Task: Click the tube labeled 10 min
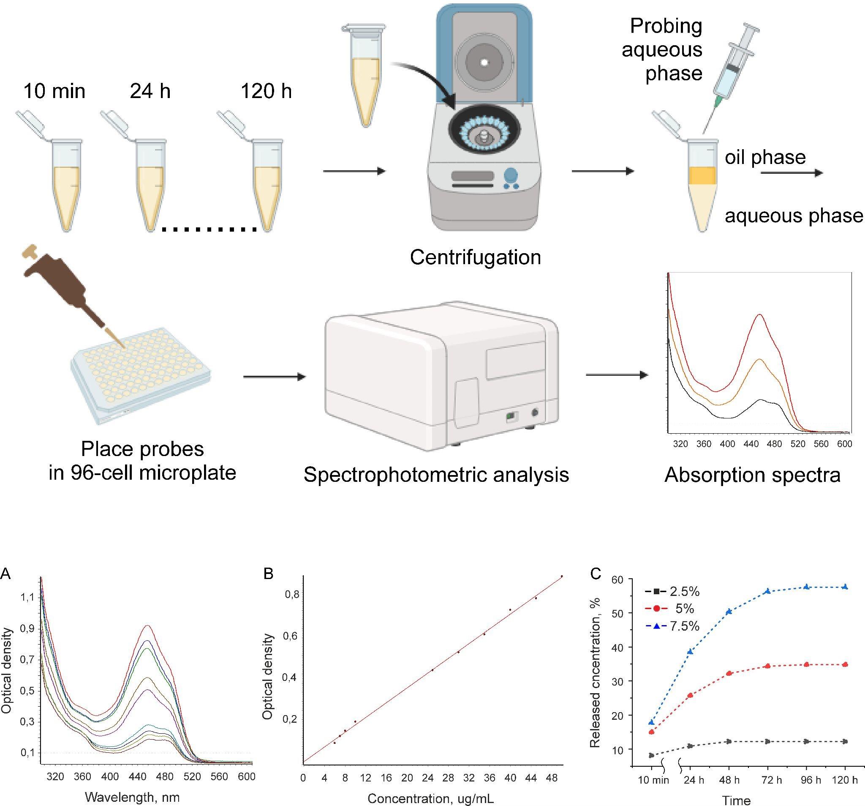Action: click(x=65, y=183)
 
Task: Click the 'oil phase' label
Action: click(x=765, y=157)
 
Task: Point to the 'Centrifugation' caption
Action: click(x=476, y=257)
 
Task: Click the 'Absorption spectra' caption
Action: click(x=752, y=475)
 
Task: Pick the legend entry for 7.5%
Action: click(x=672, y=626)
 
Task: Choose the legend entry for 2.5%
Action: click(x=672, y=591)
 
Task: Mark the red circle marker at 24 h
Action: click(x=690, y=695)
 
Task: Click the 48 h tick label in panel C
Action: click(x=729, y=780)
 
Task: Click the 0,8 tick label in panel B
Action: click(x=291, y=594)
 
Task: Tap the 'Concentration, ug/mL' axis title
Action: click(x=431, y=798)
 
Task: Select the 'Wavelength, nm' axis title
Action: click(x=132, y=797)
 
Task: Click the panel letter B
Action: click(x=269, y=574)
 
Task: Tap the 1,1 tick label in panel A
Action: click(x=27, y=598)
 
